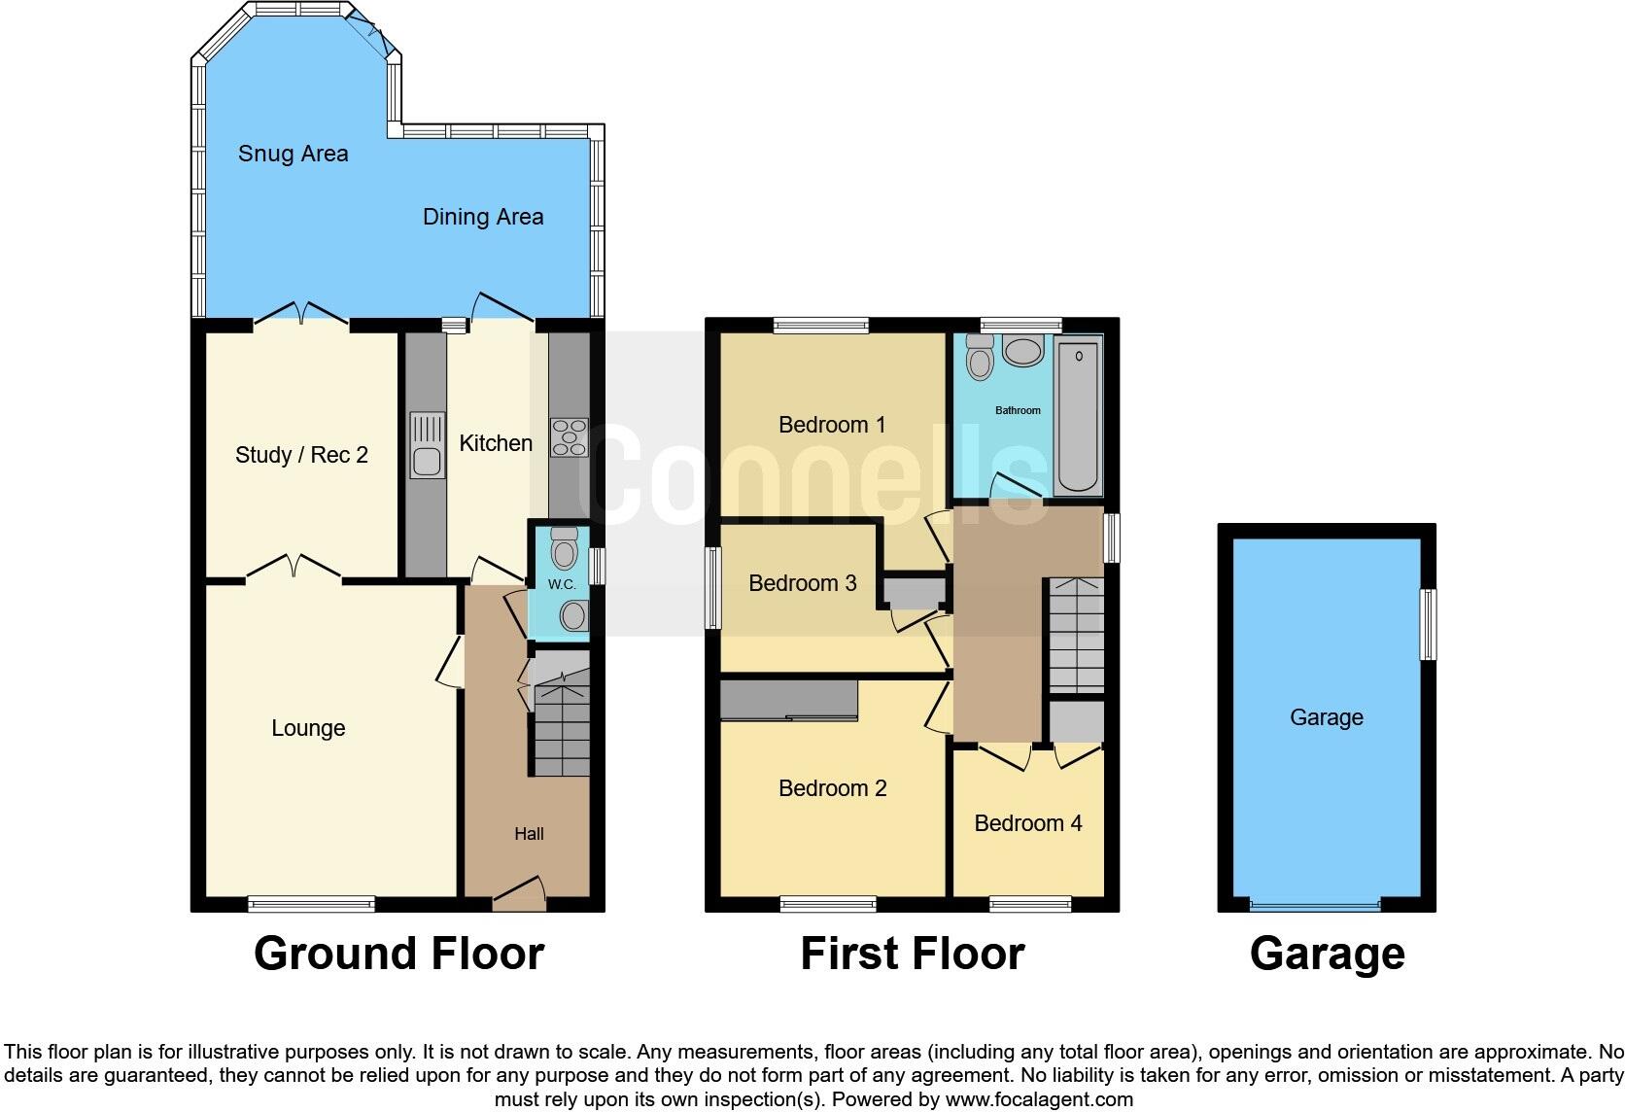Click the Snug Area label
pyautogui.click(x=293, y=154)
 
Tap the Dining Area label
pyautogui.click(x=482, y=217)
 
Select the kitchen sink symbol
pyautogui.click(x=427, y=445)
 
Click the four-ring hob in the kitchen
pyautogui.click(x=569, y=436)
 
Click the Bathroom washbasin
pyautogui.click(x=1021, y=351)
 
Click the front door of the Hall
pyautogui.click(x=518, y=893)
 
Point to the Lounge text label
pyautogui.click(x=308, y=728)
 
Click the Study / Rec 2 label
pyautogui.click(x=301, y=455)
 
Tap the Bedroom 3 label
pyautogui.click(x=802, y=583)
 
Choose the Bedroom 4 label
pyautogui.click(x=1027, y=823)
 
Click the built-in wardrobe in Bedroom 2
pyautogui.click(x=788, y=700)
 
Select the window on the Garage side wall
pyautogui.click(x=1428, y=624)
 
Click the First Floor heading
pyautogui.click(x=912, y=954)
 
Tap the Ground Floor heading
pyautogui.click(x=398, y=954)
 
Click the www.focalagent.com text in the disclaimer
pyautogui.click(x=1039, y=1099)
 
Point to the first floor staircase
pyautogui.click(x=1076, y=635)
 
